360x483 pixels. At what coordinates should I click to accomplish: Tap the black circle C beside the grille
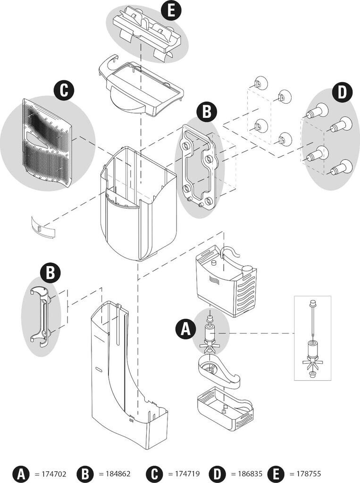point(64,91)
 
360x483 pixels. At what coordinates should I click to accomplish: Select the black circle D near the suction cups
point(342,92)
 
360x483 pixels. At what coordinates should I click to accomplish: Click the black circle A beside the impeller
point(185,329)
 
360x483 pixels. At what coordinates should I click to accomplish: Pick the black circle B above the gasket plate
point(206,112)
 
